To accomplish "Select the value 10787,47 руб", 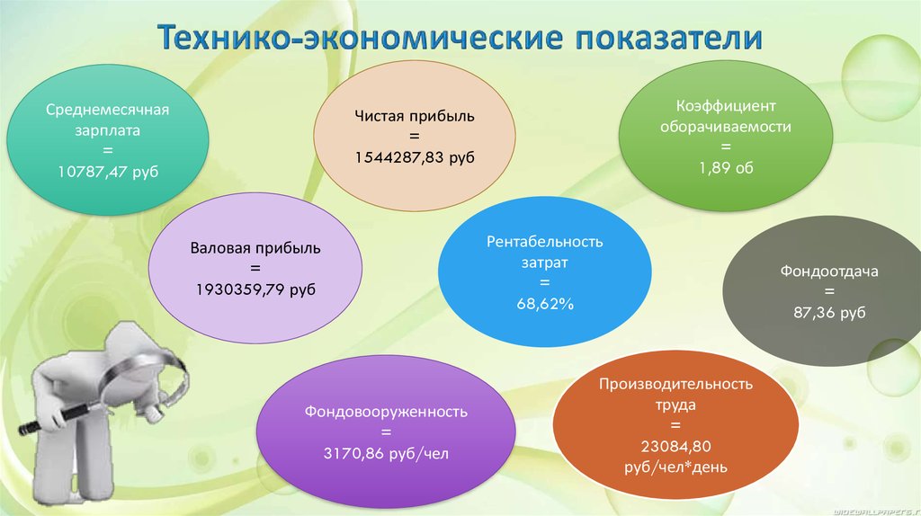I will pyautogui.click(x=108, y=171).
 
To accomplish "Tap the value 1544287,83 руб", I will pyautogui.click(x=415, y=156).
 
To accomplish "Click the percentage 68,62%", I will pyautogui.click(x=544, y=305).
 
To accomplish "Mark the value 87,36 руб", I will pyautogui.click(x=828, y=312).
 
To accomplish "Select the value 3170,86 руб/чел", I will pyautogui.click(x=386, y=455).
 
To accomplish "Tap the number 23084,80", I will pyautogui.click(x=675, y=446).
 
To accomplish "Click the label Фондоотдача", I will pyautogui.click(x=829, y=271).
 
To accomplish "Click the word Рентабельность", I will pyautogui.click(x=544, y=242).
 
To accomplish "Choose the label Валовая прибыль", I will pyautogui.click(x=255, y=247).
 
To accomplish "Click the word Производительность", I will pyautogui.click(x=675, y=384).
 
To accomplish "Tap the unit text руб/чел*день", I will pyautogui.click(x=675, y=467).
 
